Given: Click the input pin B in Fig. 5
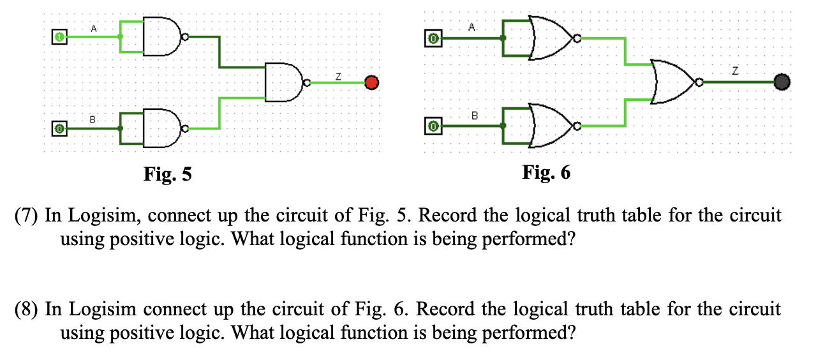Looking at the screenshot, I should pos(59,129).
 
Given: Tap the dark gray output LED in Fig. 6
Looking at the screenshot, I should pos(782,82).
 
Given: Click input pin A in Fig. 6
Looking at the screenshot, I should pos(433,39).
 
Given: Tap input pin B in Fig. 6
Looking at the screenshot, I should pos(433,126).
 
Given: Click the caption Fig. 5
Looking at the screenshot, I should pos(167,174).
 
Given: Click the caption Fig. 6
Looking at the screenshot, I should pos(546,172).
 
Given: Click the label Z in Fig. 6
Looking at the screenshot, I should pos(734,72).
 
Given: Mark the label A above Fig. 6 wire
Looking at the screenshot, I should pos(472,27).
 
